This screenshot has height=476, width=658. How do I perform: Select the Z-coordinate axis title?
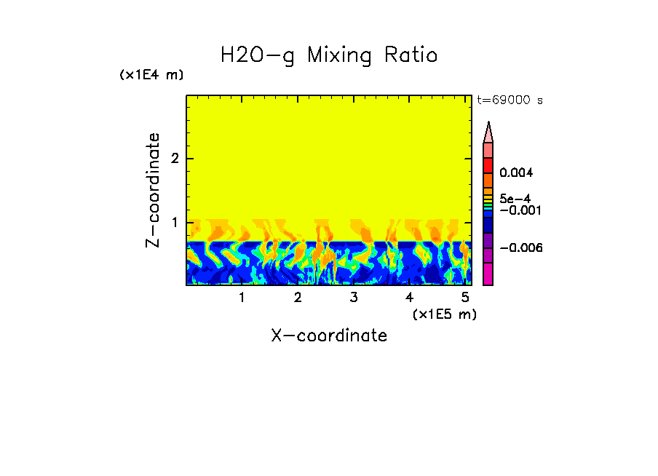[x=153, y=190]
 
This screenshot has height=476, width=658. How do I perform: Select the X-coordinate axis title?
[x=329, y=336]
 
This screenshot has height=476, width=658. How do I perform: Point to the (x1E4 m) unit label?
[x=151, y=75]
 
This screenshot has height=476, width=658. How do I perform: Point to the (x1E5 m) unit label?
[x=444, y=314]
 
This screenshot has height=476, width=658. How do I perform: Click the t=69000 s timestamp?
[x=510, y=100]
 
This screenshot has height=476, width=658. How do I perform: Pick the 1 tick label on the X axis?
[x=242, y=298]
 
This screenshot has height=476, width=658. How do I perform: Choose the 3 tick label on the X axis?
[x=353, y=298]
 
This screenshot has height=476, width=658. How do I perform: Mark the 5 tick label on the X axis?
[x=465, y=298]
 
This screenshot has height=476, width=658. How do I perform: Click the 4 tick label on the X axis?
[x=409, y=298]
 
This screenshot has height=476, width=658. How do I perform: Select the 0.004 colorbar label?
[x=517, y=173]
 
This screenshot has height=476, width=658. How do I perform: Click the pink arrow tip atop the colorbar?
[x=488, y=132]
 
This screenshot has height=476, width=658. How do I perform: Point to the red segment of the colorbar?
[x=488, y=164]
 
